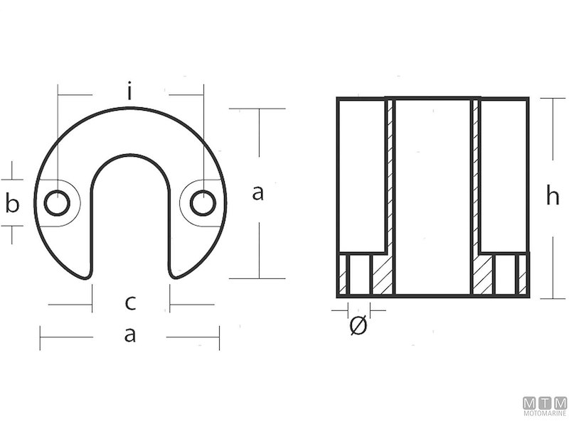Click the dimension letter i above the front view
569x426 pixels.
click(129, 92)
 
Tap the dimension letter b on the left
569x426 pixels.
click(12, 204)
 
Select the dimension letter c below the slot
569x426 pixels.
click(130, 303)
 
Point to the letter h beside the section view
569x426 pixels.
click(552, 197)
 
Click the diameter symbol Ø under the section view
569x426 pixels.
click(358, 327)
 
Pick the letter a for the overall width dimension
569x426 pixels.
click(129, 336)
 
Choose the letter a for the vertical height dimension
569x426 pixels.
click(257, 192)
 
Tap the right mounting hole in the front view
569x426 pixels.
click(203, 203)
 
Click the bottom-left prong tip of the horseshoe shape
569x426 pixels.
click(75, 273)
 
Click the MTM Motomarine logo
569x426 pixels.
click(545, 406)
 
